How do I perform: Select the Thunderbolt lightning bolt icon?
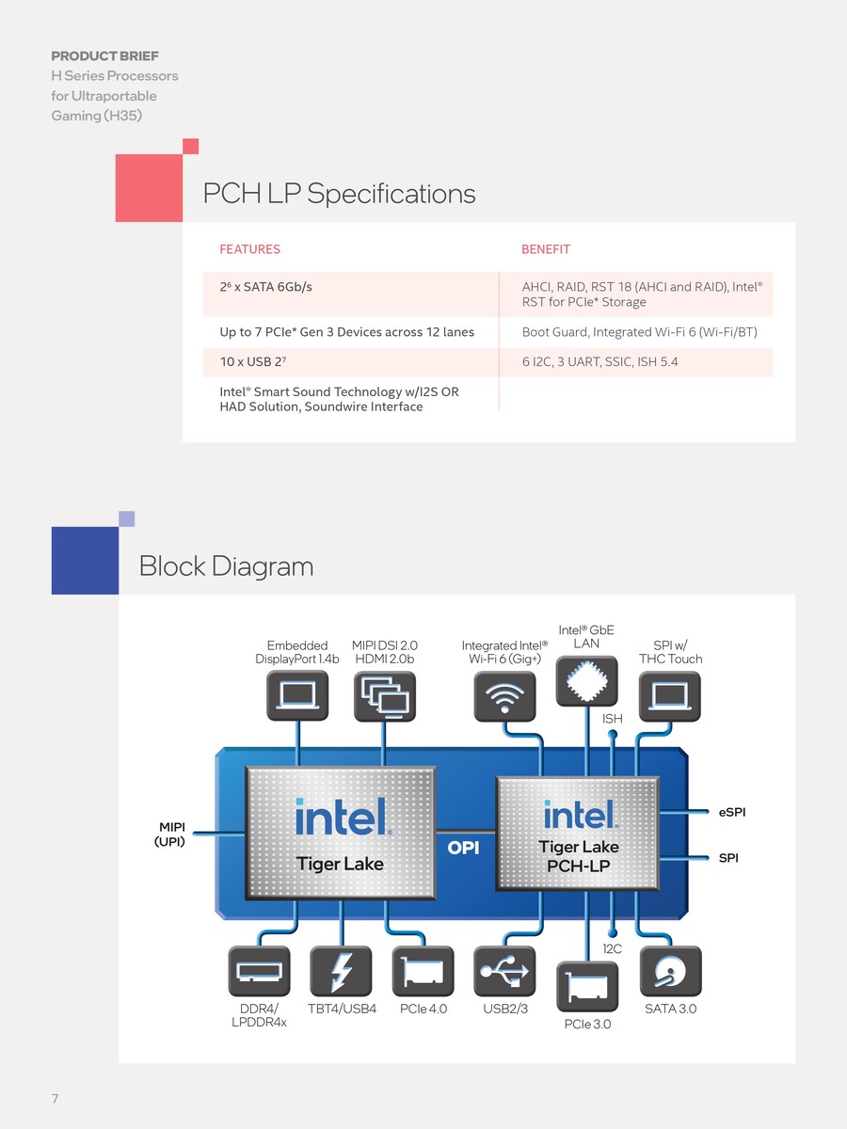(x=342, y=971)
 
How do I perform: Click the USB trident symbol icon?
(x=506, y=971)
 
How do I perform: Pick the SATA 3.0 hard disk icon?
(x=671, y=971)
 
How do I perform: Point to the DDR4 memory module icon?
(x=260, y=971)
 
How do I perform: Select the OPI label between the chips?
(x=464, y=848)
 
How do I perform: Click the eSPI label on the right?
(x=731, y=812)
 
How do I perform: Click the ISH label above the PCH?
(x=613, y=719)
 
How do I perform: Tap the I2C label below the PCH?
(x=612, y=949)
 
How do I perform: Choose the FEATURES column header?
(x=249, y=249)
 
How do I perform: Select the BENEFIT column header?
(x=546, y=249)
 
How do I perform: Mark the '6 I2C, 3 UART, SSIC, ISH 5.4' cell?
(x=599, y=362)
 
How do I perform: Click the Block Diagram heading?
(x=226, y=566)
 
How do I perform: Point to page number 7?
(x=56, y=1099)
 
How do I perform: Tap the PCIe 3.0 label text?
(x=587, y=1024)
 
